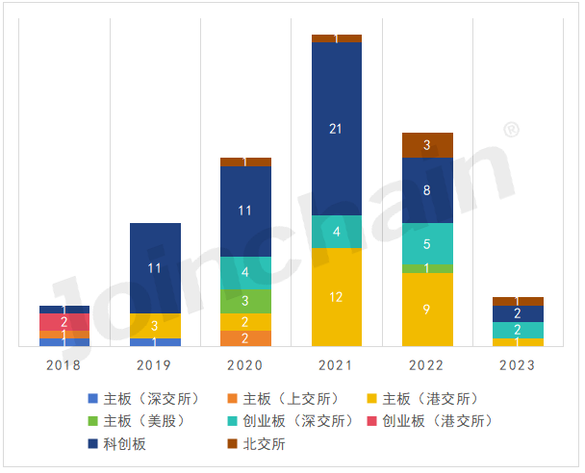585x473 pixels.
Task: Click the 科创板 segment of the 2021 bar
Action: [336, 129]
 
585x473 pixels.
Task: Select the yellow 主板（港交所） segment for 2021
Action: [336, 297]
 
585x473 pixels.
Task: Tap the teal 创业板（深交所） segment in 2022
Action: [427, 243]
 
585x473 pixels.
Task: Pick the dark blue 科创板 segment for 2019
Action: [155, 268]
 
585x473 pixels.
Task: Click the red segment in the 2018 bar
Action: [64, 322]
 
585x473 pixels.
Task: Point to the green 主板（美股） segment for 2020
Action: [245, 301]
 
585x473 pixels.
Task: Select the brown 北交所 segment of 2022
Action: [427, 144]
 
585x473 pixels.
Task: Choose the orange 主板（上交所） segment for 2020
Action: [245, 338]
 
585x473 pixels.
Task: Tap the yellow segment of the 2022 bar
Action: [427, 310]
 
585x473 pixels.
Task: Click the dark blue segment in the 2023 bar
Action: [518, 313]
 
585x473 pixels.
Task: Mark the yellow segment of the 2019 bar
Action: [155, 326]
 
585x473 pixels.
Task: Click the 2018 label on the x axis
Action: [64, 365]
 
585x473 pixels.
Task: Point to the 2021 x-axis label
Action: [336, 365]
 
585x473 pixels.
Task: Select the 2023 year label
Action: [518, 365]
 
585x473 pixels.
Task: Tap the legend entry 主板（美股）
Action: [143, 421]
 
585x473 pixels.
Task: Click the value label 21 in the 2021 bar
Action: [336, 129]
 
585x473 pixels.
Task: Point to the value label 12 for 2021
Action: [336, 297]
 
